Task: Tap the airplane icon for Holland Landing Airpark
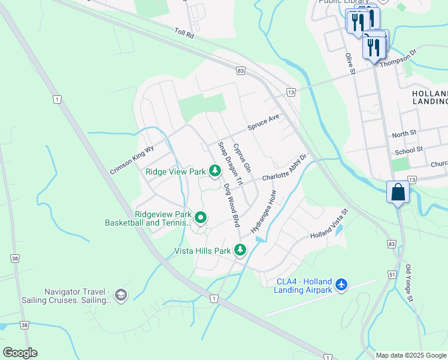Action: tap(341, 284)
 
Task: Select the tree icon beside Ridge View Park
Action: tap(214, 172)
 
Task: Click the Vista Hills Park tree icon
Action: tap(240, 250)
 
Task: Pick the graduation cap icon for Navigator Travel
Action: tap(121, 294)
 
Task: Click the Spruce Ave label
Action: tap(264, 123)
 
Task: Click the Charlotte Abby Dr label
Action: tap(283, 169)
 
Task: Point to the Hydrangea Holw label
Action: tap(264, 212)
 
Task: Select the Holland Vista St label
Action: tap(328, 229)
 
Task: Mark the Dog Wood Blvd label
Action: tap(231, 205)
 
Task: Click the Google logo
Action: tap(20, 353)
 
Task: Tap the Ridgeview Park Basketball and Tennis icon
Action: tap(201, 218)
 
